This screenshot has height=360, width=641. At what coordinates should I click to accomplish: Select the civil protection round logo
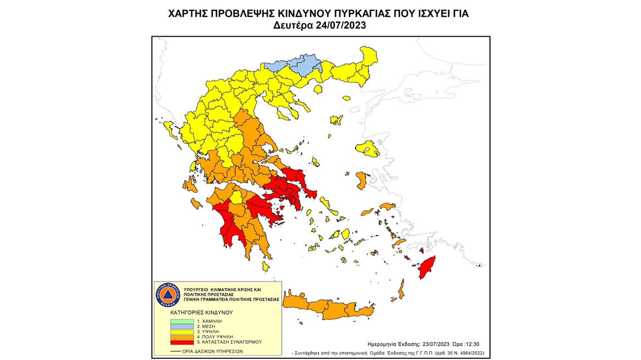click(167, 295)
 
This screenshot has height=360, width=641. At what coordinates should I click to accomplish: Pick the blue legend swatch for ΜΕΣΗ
click(182, 326)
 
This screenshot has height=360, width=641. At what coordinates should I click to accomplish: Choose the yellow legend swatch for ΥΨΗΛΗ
click(182, 331)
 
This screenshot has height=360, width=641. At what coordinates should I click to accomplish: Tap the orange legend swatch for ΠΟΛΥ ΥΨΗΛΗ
click(182, 336)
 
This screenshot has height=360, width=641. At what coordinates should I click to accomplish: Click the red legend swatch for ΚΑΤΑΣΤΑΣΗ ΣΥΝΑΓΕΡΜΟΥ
click(182, 341)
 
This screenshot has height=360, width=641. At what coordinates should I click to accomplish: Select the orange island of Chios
click(362, 179)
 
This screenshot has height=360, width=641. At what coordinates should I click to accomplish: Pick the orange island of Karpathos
click(401, 289)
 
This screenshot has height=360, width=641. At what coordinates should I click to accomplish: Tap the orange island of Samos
click(387, 206)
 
